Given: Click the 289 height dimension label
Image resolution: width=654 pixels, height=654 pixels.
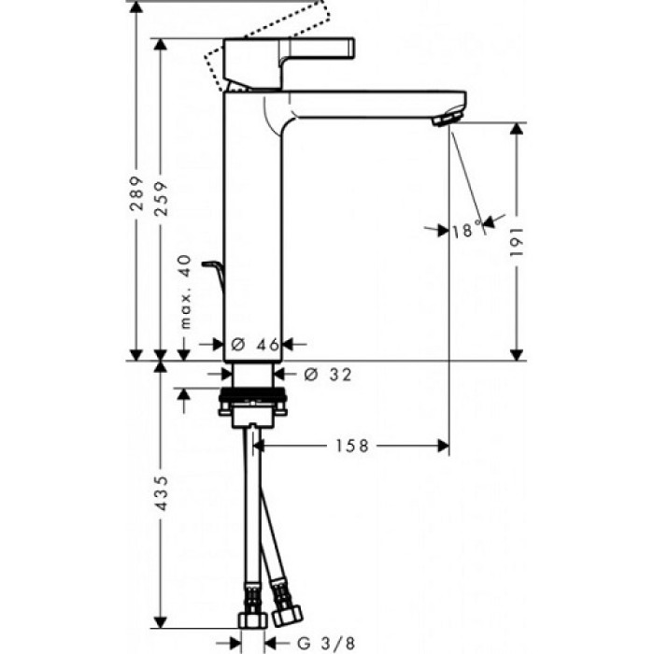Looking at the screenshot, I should coord(136,194).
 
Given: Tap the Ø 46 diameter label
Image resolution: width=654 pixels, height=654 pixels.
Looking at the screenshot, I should coord(254,345).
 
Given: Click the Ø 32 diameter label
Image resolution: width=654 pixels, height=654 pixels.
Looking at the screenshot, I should coord(327,375).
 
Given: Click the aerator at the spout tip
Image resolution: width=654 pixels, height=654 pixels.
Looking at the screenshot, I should coord(447,119).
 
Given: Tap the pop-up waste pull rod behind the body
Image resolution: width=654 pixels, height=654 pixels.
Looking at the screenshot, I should coord(217,277).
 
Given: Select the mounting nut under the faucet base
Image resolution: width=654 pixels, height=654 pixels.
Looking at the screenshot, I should coord(253,407).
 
